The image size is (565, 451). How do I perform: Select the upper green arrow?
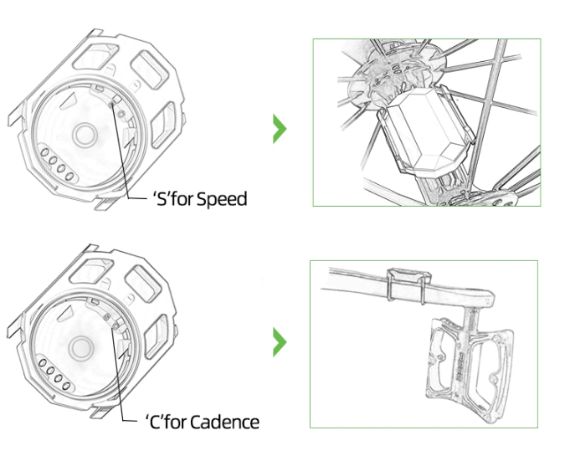click(280, 130)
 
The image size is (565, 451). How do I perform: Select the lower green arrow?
click(280, 342)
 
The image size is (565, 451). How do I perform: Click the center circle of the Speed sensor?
click(84, 133)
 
